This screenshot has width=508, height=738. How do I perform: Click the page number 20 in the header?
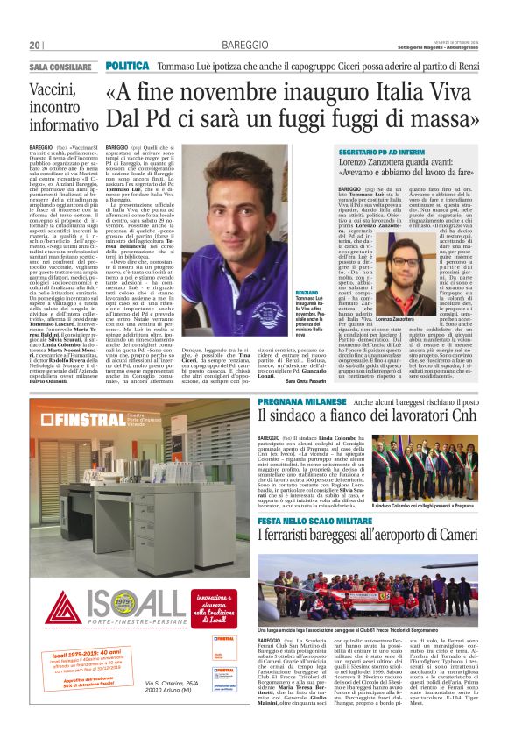coord(34,46)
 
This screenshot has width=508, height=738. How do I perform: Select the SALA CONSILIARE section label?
coord(60,67)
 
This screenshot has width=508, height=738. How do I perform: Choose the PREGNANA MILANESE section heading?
coord(303,401)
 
